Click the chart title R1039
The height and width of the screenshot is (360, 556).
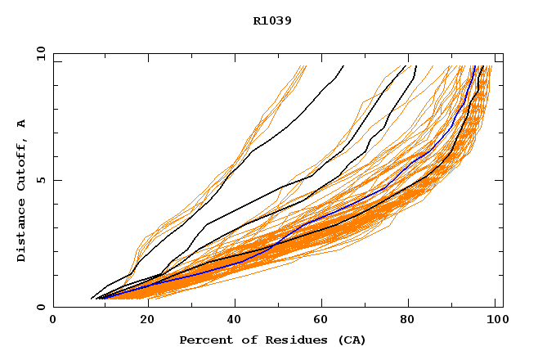(272, 20)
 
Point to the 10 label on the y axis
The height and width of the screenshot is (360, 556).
(40, 53)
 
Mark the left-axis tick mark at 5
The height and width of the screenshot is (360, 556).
(56, 180)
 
